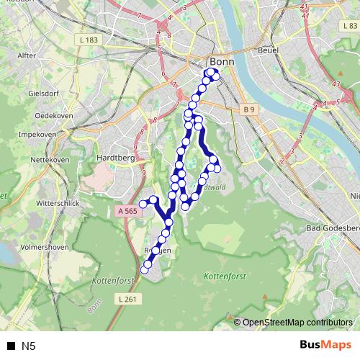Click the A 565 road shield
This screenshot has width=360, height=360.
pos(126,211)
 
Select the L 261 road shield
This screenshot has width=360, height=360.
pos(125,298)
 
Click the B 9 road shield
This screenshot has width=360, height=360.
pos(248,109)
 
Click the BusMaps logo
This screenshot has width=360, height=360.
pos(323,345)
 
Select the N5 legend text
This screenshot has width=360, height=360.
pos(28,346)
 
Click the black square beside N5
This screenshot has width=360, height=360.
pos(12,346)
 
